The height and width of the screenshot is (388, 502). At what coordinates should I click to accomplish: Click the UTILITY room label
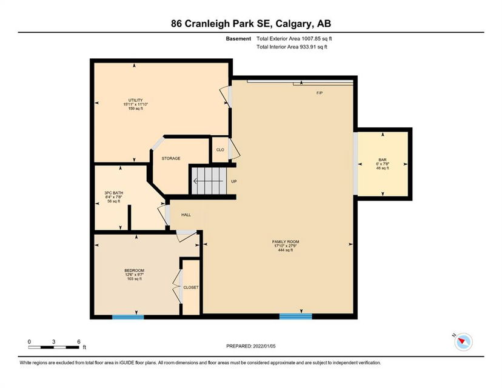tap(135, 100)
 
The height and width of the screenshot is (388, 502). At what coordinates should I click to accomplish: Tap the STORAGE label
tap(170, 158)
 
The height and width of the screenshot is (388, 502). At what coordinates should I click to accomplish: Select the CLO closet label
tap(220, 150)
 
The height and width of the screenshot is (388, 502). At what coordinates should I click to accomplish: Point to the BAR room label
tap(383, 159)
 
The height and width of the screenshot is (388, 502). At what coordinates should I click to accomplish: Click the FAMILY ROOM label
tap(286, 242)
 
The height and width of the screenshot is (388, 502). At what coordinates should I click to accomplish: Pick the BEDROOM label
tap(135, 270)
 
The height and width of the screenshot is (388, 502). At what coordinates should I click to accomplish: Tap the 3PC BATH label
tap(113, 193)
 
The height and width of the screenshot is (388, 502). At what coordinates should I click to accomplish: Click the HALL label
tap(186, 215)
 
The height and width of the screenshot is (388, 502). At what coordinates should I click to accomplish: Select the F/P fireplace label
tap(320, 93)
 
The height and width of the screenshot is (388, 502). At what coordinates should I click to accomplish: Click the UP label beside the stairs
tap(234, 181)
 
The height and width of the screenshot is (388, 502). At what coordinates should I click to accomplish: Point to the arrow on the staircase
tap(208, 181)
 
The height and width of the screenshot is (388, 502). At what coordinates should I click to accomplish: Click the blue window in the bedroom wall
tap(128, 317)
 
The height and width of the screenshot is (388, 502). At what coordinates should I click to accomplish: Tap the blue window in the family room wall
tap(295, 316)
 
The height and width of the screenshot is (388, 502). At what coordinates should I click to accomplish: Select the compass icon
tap(463, 341)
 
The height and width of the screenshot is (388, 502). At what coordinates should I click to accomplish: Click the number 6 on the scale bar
tap(79, 341)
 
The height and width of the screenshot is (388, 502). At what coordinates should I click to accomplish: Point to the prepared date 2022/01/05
tap(264, 346)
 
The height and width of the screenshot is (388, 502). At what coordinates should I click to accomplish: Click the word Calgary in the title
tap(293, 24)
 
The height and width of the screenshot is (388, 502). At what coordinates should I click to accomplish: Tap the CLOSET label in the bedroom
tap(191, 287)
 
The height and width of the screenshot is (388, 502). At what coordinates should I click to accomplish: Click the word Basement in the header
tap(238, 39)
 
